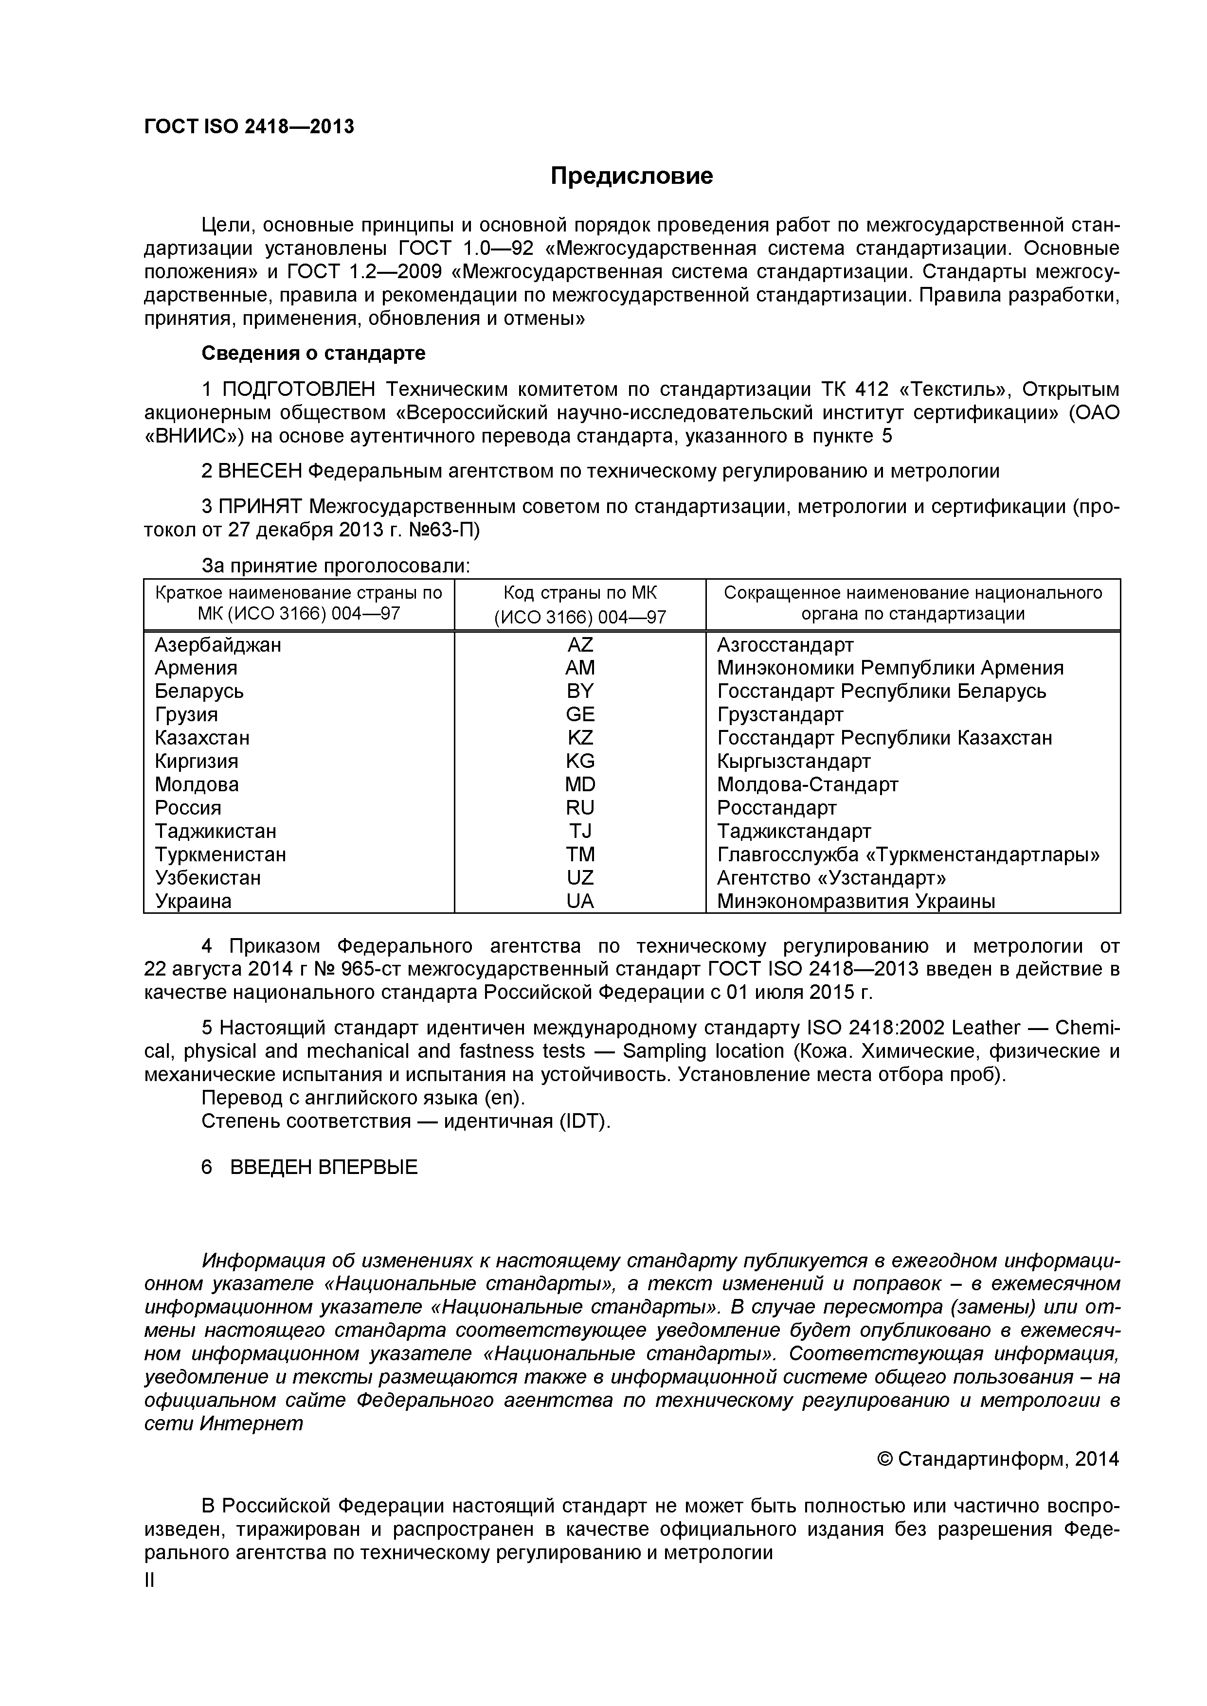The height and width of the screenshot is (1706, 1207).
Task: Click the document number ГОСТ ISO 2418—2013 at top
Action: click(x=249, y=127)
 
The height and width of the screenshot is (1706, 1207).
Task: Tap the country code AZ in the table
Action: click(x=580, y=644)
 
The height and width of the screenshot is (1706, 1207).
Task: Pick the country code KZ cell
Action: click(x=580, y=738)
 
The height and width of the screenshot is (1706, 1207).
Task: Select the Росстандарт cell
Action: click(x=776, y=808)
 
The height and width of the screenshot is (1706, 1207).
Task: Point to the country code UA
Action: click(x=580, y=901)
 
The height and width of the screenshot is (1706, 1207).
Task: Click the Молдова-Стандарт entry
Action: click(x=807, y=784)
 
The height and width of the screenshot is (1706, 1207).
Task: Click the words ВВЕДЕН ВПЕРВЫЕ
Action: click(x=324, y=1167)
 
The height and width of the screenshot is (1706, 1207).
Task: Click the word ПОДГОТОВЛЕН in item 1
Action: click(x=300, y=390)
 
